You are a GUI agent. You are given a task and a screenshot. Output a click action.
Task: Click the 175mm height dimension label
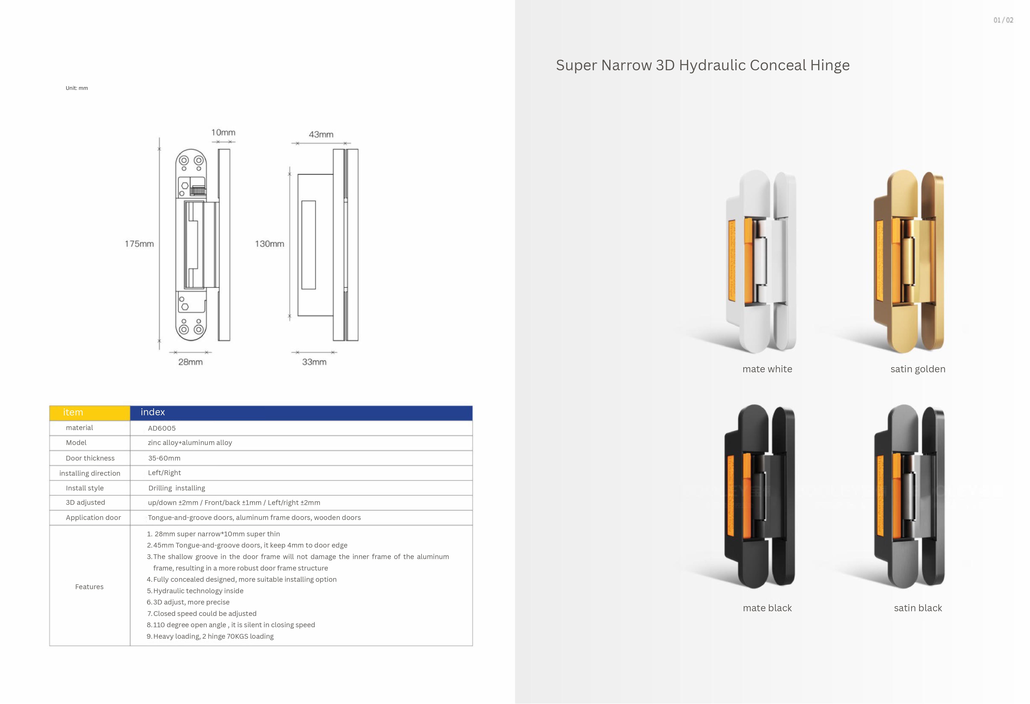[139, 244]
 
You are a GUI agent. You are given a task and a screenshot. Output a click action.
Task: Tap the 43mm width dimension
[321, 134]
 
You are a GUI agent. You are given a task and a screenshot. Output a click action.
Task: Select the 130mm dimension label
[269, 244]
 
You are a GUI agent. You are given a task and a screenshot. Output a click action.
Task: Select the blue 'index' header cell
[301, 413]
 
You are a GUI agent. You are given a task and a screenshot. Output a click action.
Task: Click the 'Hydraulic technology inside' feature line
[195, 591]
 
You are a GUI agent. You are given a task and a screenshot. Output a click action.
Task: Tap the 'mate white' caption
[767, 369]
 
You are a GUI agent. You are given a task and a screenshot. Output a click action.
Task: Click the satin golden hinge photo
[909, 261]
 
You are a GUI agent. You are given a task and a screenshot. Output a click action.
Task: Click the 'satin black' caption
[918, 608]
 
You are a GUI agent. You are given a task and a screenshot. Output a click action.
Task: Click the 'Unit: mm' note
[77, 88]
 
